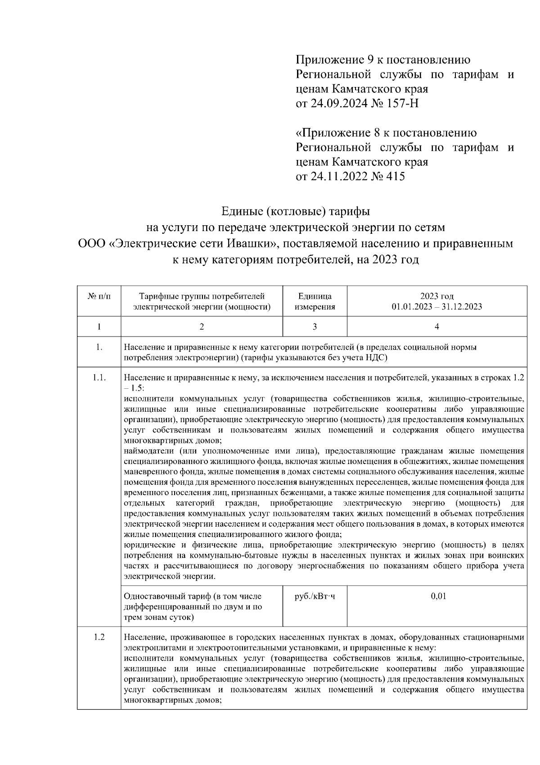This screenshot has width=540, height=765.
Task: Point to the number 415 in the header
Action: click(x=395, y=176)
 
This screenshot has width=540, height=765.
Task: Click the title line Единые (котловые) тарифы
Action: click(x=296, y=211)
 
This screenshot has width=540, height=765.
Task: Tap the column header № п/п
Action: click(x=99, y=296)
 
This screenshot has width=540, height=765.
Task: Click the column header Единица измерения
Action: click(x=315, y=301)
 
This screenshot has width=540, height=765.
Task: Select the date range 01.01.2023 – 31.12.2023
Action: click(x=436, y=307)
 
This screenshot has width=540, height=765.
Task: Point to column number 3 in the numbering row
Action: click(x=315, y=327)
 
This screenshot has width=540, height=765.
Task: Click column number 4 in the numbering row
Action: click(x=436, y=327)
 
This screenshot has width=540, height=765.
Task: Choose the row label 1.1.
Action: click(x=99, y=378)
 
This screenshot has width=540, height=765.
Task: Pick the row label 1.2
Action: click(x=99, y=637)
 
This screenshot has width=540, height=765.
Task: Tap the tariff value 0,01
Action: click(x=438, y=597)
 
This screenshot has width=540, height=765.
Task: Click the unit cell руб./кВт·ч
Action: click(x=315, y=597)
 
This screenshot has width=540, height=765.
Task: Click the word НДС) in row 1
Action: click(x=377, y=358)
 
